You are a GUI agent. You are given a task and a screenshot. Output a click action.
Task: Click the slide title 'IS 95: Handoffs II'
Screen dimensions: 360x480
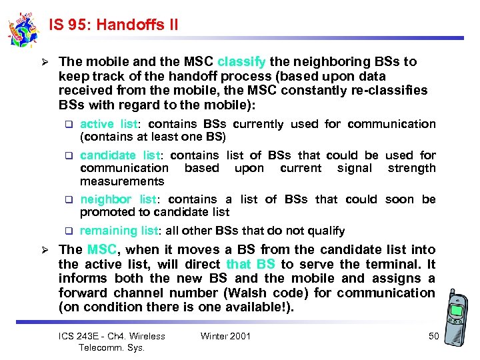(x=113, y=25)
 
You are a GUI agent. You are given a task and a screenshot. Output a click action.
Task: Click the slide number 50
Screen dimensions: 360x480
(x=433, y=336)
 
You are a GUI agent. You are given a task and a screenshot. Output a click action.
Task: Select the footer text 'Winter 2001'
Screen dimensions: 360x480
(x=225, y=336)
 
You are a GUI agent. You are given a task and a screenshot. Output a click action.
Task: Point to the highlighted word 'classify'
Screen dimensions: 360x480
(x=241, y=61)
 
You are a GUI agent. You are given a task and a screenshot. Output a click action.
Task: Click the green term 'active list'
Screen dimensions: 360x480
(x=109, y=124)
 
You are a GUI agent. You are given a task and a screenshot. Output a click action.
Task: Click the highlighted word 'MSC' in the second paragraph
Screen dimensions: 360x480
(x=101, y=250)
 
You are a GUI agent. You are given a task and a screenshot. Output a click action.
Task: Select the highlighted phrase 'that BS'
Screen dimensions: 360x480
(x=250, y=264)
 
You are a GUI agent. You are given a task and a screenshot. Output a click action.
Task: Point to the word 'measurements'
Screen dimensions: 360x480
(x=122, y=181)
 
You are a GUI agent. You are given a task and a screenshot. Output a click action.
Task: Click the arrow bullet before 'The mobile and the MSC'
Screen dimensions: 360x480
(x=45, y=62)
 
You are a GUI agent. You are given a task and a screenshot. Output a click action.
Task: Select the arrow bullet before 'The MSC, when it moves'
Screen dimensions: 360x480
(x=45, y=251)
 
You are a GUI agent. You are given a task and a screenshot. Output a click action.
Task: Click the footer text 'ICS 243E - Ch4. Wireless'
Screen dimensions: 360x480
(x=112, y=336)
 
